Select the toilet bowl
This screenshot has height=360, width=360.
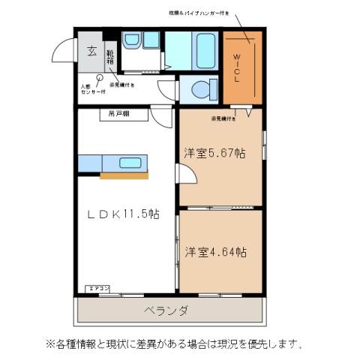pos(201,89)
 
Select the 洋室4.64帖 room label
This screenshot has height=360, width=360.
pos(216,252)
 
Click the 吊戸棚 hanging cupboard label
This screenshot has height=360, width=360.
pos(118,114)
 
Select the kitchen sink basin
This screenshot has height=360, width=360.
pos(130,163)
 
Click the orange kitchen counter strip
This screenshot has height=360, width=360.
pos(123,176)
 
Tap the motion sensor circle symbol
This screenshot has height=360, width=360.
pos(99,77)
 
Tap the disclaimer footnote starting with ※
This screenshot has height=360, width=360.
pos(176,344)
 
